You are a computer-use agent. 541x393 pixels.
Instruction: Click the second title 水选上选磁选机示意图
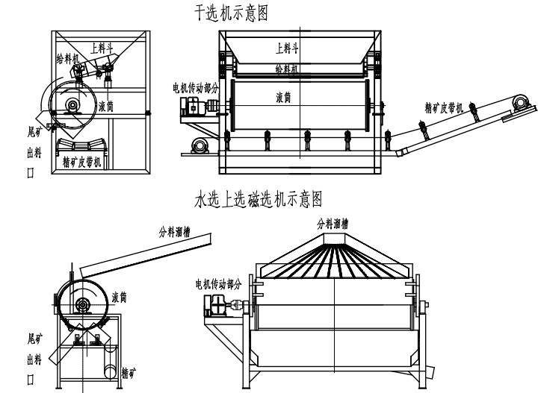pos(257,199)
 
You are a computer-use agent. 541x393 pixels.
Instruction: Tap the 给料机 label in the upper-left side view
pos(67,56)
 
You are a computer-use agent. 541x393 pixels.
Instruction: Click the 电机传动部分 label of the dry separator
pos(196,88)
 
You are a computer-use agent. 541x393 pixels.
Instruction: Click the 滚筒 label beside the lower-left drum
pos(118,298)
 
